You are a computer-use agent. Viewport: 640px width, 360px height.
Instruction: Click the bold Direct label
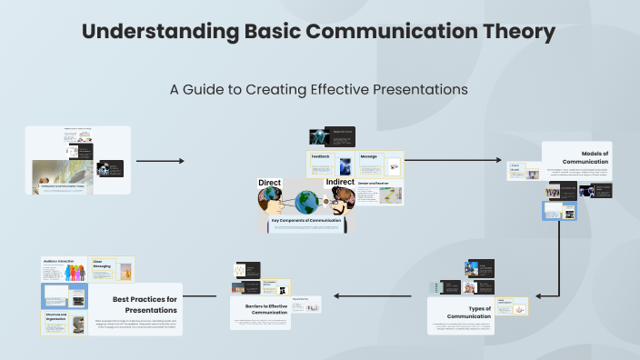(270, 183)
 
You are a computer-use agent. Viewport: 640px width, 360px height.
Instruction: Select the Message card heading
(369, 155)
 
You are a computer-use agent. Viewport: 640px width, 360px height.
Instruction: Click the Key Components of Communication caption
(305, 220)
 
